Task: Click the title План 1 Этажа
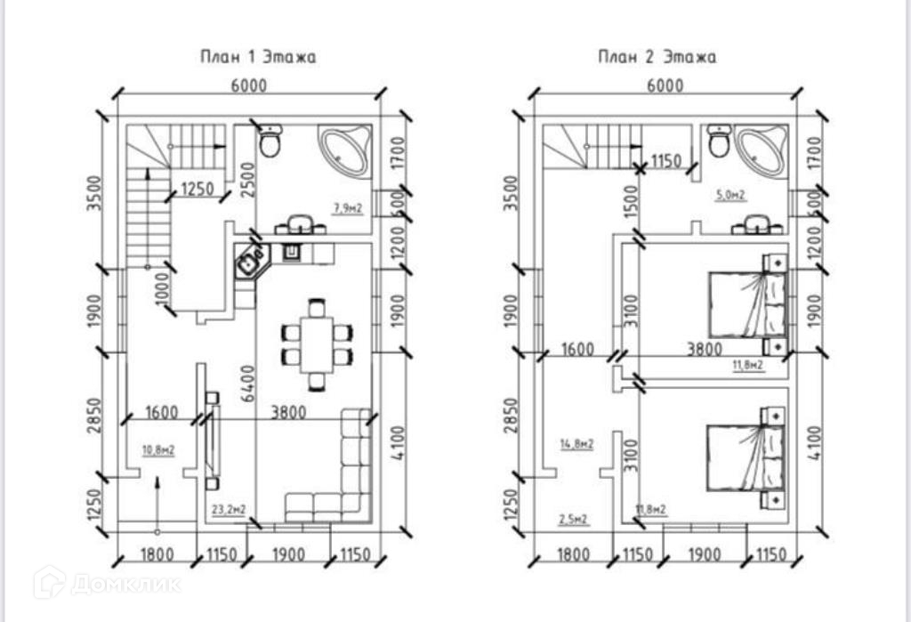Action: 257,57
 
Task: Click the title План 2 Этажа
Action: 656,57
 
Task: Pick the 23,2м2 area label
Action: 229,510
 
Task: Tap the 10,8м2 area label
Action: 157,450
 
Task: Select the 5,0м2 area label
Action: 730,195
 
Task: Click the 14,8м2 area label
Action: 577,444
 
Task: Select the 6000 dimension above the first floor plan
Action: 250,85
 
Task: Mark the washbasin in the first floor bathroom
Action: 298,224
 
